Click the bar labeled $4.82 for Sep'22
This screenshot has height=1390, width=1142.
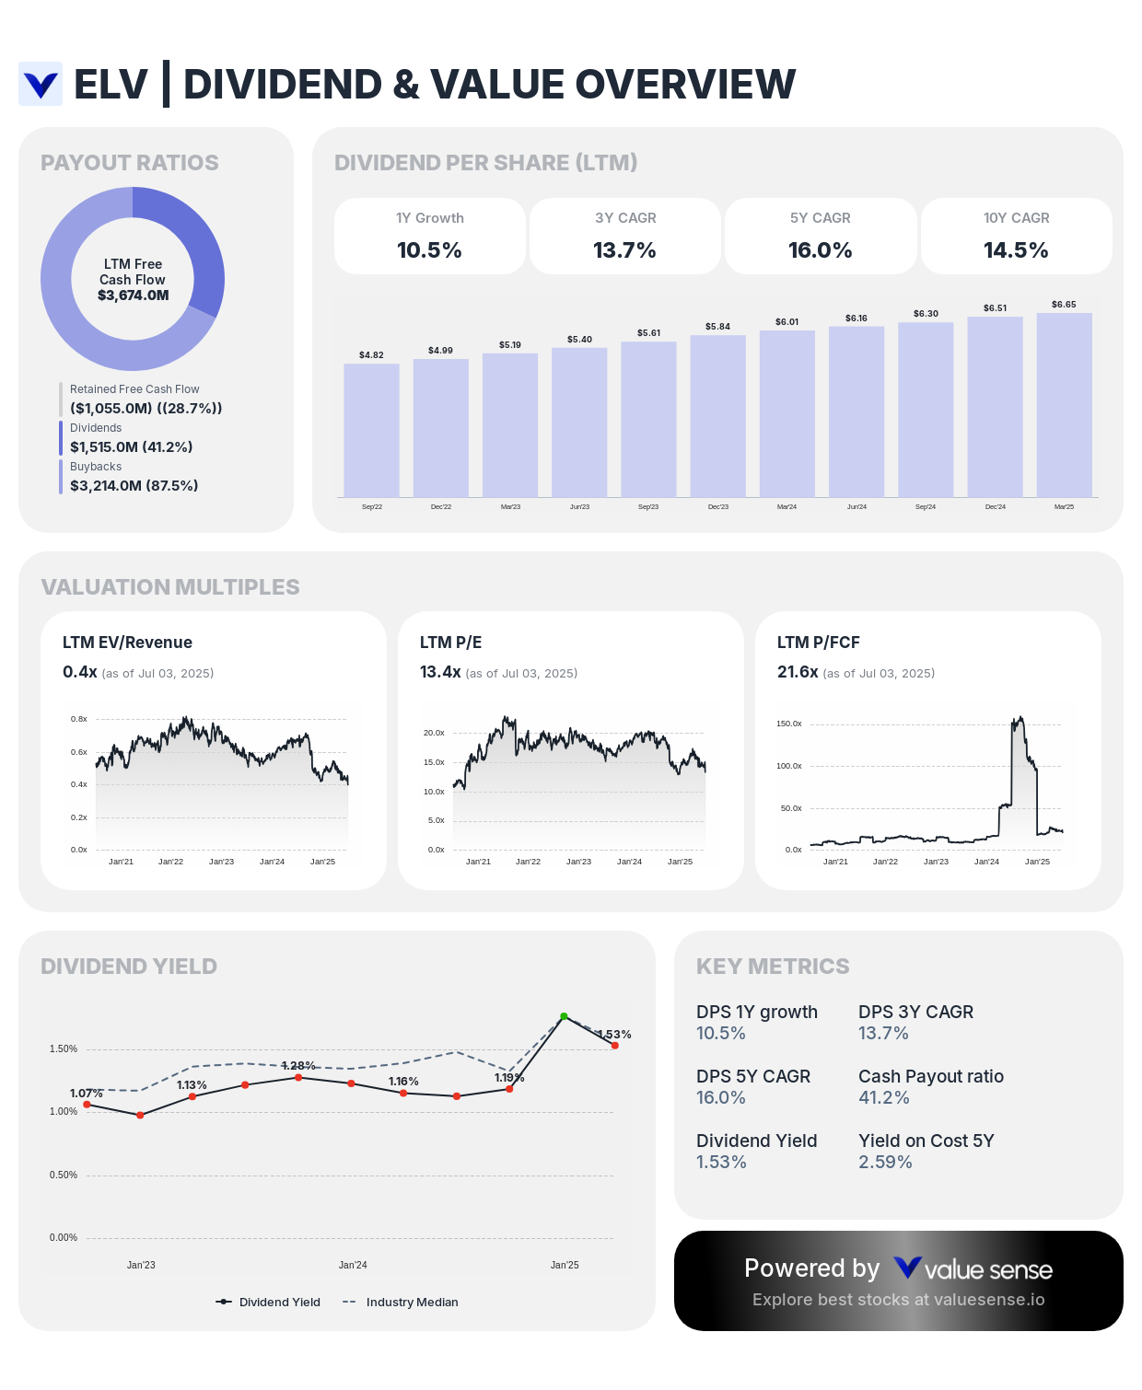tap(371, 430)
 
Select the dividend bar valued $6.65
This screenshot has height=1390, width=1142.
tap(1064, 405)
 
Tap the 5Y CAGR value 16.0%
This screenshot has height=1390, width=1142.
tap(820, 250)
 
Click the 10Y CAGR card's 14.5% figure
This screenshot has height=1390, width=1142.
tap(1016, 250)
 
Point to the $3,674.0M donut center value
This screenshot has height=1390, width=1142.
tap(134, 295)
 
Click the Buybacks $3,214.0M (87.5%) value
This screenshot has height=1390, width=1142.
tap(134, 485)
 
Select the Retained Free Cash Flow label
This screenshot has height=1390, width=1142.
tap(134, 389)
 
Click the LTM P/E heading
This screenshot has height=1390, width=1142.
tap(450, 643)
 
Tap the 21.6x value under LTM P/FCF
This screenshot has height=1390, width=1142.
tap(798, 672)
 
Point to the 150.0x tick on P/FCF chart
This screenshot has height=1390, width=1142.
tap(788, 724)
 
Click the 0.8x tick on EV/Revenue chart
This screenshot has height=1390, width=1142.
tap(79, 719)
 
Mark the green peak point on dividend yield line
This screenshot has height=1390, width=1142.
tap(564, 1016)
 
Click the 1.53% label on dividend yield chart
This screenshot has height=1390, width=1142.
tap(614, 1035)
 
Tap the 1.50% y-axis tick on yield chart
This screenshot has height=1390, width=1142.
tap(64, 1048)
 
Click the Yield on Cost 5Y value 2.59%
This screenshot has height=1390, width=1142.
tap(885, 1162)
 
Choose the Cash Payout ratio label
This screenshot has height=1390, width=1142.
tap(930, 1076)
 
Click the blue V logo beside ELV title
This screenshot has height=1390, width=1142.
tap(41, 85)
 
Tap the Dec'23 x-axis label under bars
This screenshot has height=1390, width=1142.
tap(717, 507)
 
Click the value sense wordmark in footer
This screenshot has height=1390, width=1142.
tap(987, 1270)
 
